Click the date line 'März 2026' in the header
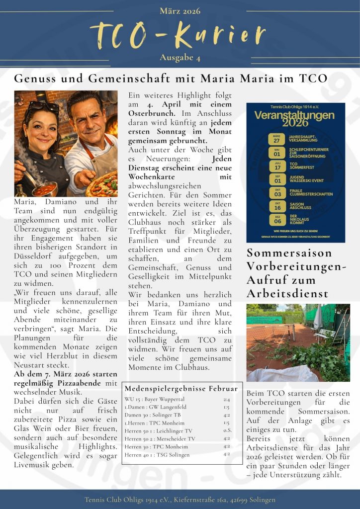coord(180,11)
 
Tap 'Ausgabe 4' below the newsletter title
coord(180,58)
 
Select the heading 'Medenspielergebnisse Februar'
coord(181,388)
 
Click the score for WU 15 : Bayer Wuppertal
coord(226,399)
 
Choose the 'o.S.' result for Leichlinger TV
coord(227,430)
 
